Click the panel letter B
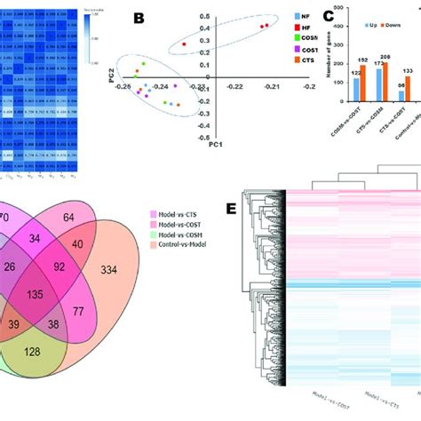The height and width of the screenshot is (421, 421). pos(139,17)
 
